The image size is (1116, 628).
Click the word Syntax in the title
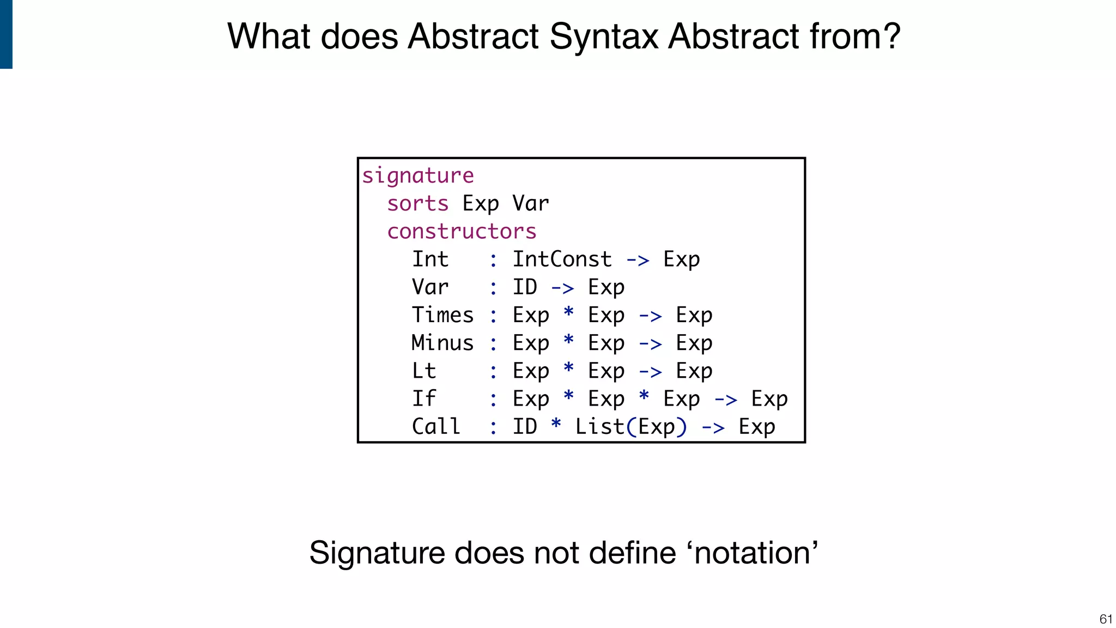604,37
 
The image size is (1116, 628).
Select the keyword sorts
417,204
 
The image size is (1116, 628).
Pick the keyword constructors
462,232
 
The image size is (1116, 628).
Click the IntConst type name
562,259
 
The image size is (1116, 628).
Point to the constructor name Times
442,315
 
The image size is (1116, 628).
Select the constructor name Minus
442,343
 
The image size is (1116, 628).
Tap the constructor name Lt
424,371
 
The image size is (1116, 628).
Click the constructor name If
424,398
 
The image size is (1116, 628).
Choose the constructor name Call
436,426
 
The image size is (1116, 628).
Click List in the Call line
599,426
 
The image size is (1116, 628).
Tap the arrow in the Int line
638,261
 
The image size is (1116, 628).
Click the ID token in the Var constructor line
525,287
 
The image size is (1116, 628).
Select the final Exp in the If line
769,400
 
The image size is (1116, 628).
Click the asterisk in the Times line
568,313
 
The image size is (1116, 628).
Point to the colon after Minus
493,344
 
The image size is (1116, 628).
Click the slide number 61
1106,619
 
